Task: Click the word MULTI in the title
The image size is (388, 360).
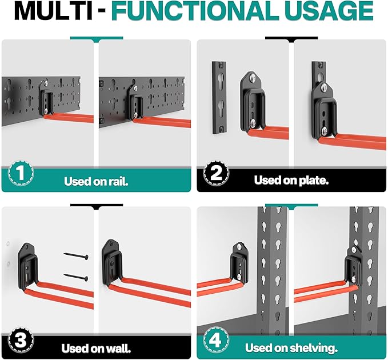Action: (53, 11)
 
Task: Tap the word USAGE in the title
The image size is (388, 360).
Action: (331, 11)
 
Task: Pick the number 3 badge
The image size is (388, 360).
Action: (21, 341)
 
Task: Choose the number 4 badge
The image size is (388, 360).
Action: (216, 341)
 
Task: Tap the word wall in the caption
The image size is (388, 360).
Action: (119, 349)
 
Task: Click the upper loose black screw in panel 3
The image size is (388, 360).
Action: (76, 256)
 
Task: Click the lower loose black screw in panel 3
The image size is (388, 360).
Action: (76, 277)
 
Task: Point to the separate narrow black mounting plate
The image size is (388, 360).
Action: (219, 98)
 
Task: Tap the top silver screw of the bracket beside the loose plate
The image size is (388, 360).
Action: (252, 78)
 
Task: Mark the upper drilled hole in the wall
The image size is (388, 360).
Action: (8, 243)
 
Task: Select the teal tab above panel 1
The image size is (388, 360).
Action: (97, 39)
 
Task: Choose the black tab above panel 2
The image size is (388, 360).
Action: (291, 39)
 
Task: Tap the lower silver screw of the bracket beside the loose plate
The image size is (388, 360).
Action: (253, 123)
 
